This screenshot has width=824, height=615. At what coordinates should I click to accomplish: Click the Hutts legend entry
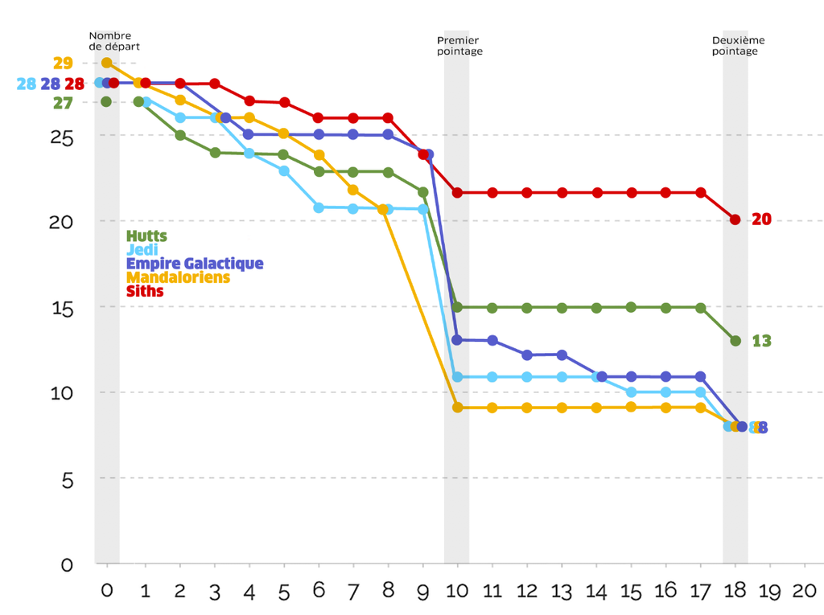(x=146, y=236)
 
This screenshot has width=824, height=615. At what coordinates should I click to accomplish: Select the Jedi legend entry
(x=142, y=250)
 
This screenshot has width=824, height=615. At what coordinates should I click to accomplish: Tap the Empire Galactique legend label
(x=195, y=264)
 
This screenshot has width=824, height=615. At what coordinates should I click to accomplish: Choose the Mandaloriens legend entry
(x=178, y=277)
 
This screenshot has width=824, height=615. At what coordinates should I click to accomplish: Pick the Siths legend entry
(x=145, y=291)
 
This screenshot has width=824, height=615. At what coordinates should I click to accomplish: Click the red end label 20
(x=761, y=219)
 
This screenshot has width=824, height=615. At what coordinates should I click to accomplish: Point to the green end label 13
(x=761, y=341)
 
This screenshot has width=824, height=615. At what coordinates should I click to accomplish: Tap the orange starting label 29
(x=63, y=63)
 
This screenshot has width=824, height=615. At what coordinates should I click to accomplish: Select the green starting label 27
(x=63, y=103)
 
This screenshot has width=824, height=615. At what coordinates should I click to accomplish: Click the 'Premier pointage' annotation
(x=459, y=45)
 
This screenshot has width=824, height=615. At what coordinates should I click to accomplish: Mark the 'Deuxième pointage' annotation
(x=738, y=45)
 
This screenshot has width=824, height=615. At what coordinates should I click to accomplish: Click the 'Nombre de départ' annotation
(x=109, y=40)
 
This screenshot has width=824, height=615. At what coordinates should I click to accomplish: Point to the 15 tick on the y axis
(x=61, y=307)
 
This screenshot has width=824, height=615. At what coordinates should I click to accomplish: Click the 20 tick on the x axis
(x=805, y=591)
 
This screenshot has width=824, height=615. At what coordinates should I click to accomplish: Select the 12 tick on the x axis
(x=527, y=591)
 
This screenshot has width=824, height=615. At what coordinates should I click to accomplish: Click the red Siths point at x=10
(x=457, y=193)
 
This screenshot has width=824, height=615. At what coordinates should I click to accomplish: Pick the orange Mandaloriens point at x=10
(x=457, y=408)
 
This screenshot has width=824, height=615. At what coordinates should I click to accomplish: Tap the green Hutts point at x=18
(x=735, y=341)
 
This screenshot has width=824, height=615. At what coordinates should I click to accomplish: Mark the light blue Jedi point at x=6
(x=319, y=207)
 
